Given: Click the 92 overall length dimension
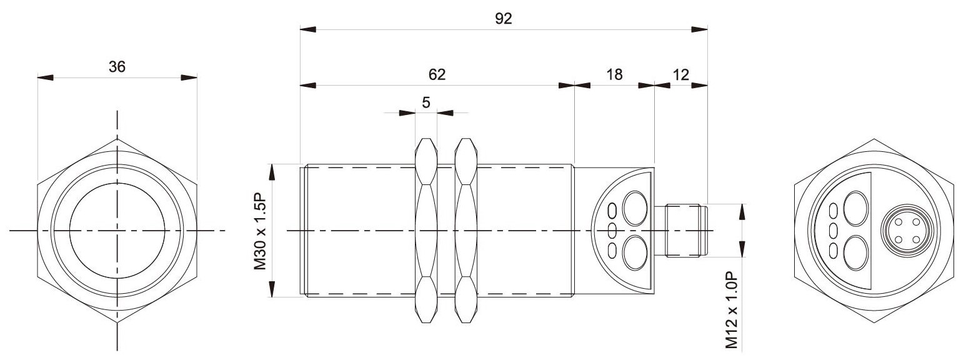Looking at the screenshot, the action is [503, 19].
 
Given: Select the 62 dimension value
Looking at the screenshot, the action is [436, 74].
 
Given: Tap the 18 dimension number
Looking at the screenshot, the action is [615, 74].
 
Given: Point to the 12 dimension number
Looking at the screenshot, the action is [681, 74].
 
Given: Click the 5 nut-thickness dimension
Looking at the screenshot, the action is [426, 102].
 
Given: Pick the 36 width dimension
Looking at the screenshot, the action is [117, 67].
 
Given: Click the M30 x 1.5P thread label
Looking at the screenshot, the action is [260, 231].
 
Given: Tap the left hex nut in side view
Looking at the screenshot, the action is [426, 231].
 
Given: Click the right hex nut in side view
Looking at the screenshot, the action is [466, 231].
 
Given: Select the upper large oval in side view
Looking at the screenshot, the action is [635, 209].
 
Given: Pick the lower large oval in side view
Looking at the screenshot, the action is [635, 252].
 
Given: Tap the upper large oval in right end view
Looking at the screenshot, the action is [855, 209].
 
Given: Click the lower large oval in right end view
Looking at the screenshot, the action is [855, 253].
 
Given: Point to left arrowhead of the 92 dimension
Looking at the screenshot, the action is [308, 29].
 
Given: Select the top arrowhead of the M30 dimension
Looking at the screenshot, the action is [272, 172].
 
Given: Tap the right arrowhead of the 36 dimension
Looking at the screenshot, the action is [189, 77].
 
